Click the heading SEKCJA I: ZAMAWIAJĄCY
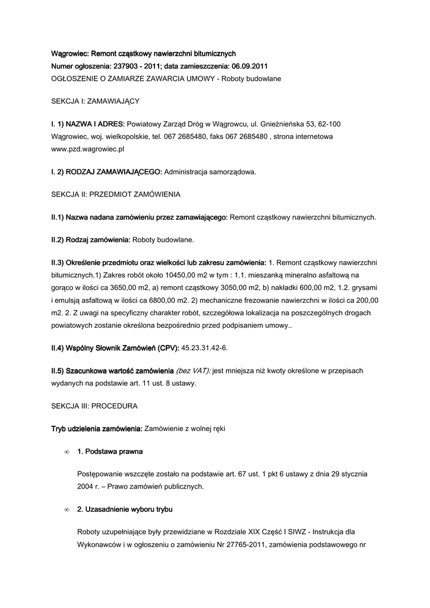pos(95,102)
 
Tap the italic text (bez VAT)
pos(193,370)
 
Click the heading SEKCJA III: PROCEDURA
pos(94,406)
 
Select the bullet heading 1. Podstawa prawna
pos(110,451)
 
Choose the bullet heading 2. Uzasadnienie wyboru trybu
pos(125,509)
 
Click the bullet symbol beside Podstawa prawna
pos(66,452)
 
